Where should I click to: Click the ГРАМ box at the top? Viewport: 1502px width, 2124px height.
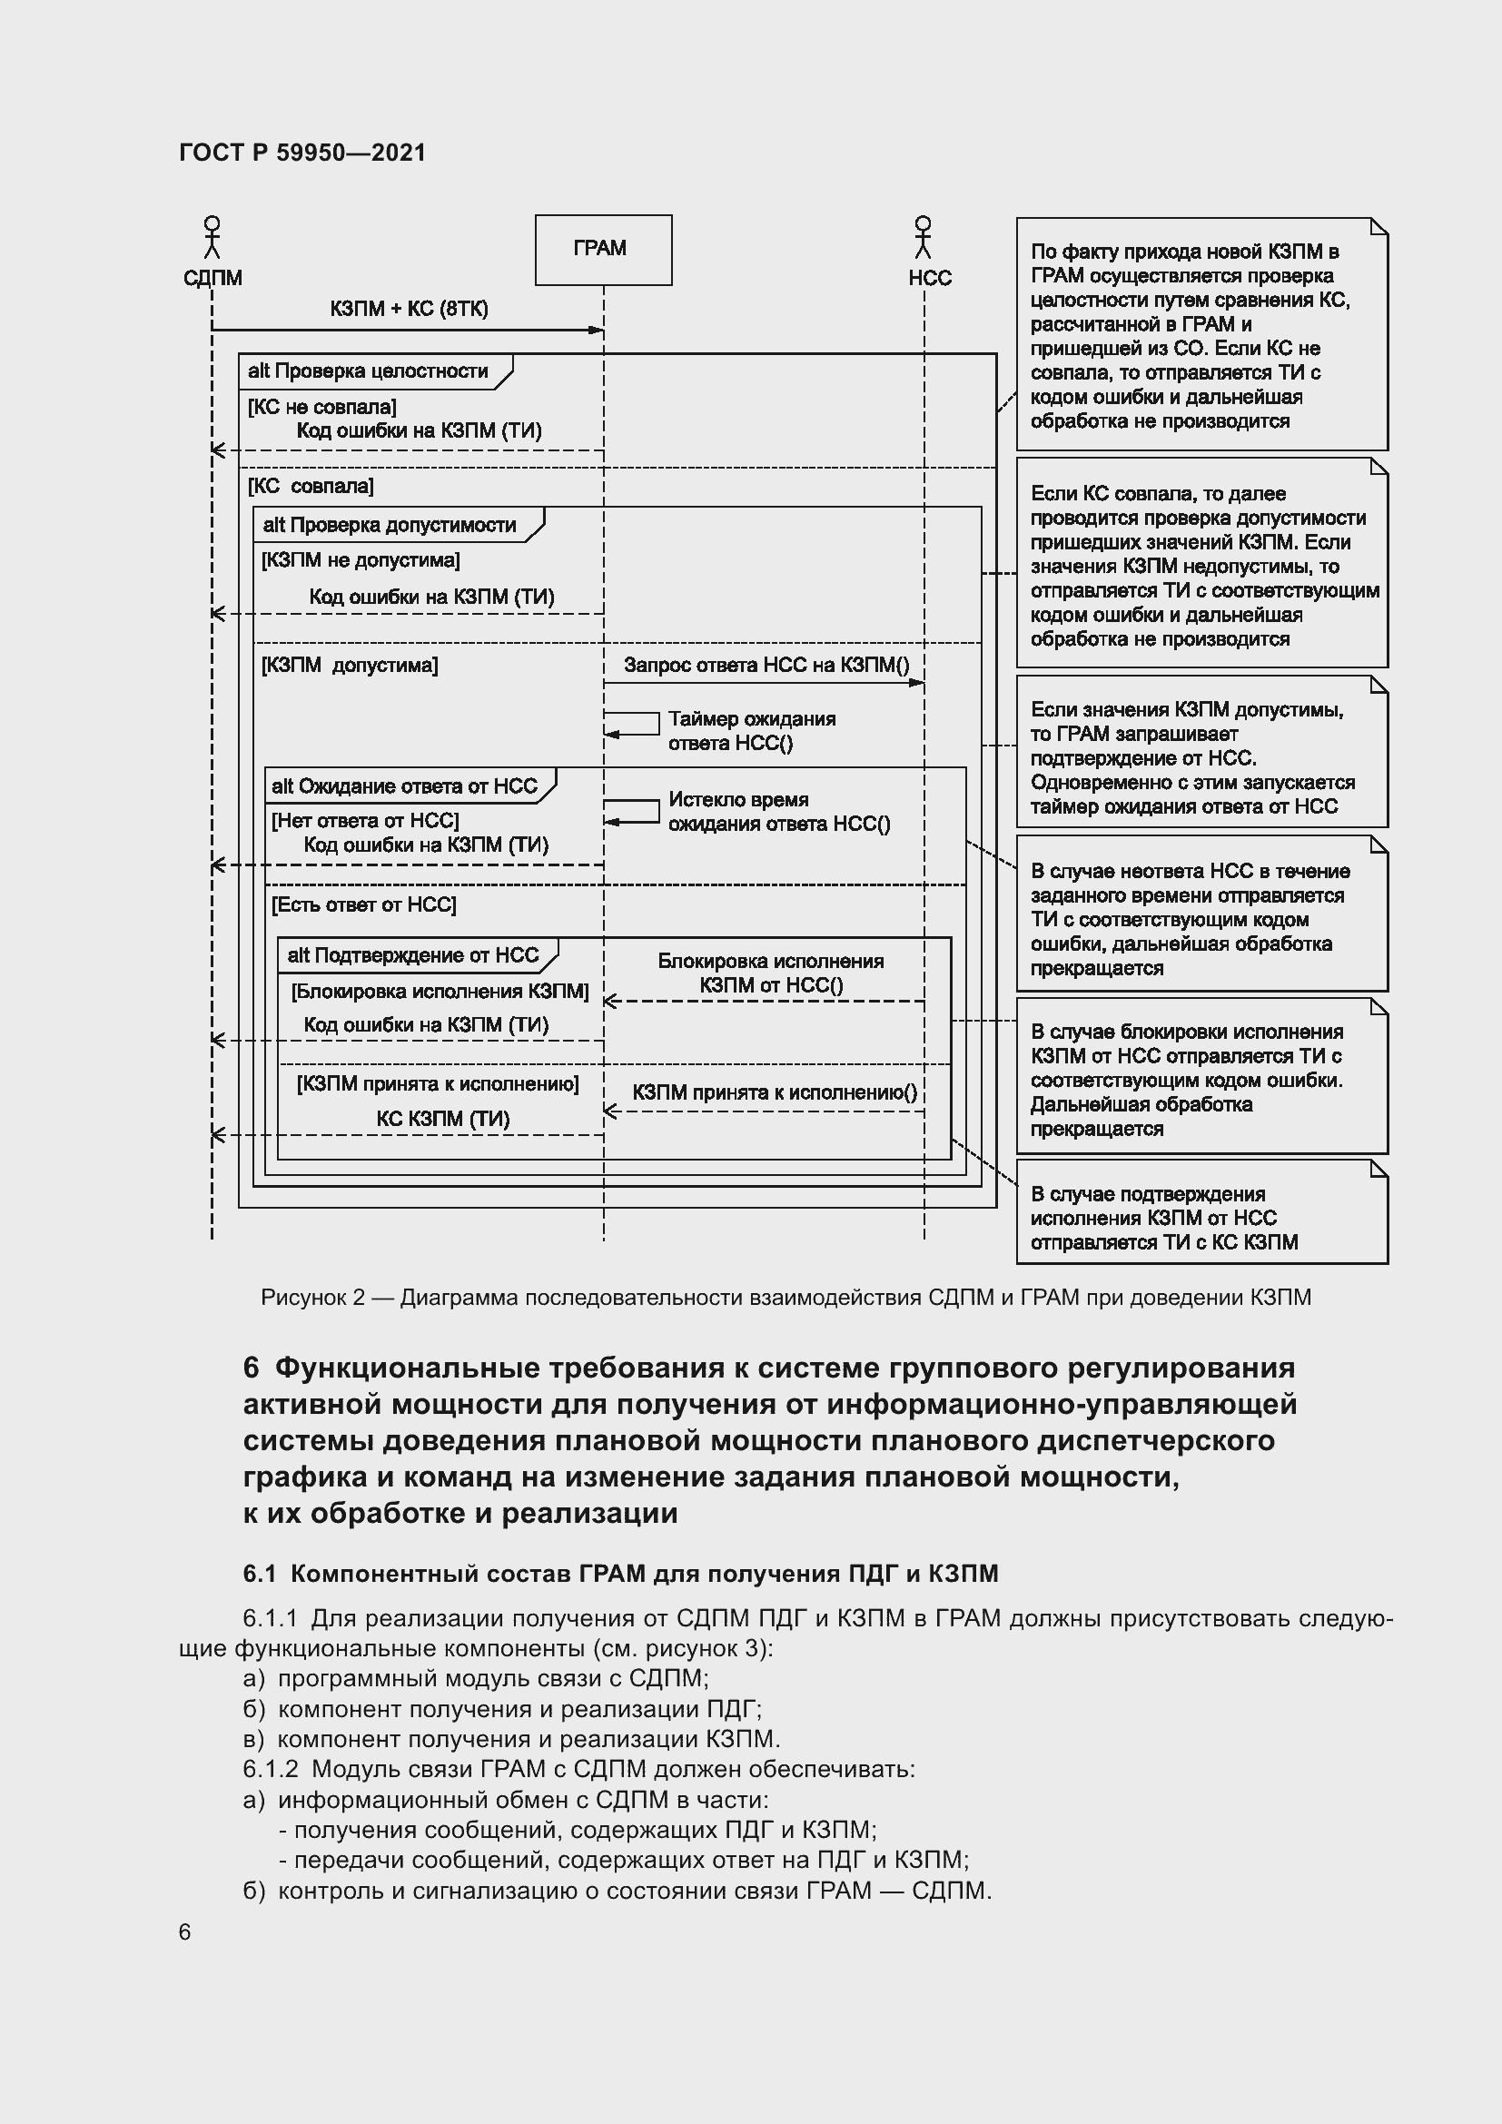pos(603,250)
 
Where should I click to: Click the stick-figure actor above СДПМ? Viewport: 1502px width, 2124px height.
pos(212,238)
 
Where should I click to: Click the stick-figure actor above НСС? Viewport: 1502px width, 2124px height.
pos(922,238)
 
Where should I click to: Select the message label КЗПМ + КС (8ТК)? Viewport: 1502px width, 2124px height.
pos(409,309)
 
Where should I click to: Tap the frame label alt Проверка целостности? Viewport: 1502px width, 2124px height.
pos(368,371)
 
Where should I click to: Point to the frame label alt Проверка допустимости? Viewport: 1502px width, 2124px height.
pos(390,526)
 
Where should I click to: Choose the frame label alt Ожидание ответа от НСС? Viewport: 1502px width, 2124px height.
pos(404,786)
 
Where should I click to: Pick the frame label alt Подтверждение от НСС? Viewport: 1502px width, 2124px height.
pos(412,955)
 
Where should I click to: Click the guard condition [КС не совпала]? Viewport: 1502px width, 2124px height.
pos(321,407)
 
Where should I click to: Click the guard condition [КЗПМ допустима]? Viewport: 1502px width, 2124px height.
pos(350,665)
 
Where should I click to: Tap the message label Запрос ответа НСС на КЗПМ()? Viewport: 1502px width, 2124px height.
pos(766,665)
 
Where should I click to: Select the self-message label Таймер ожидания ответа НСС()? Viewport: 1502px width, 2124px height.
pos(751,731)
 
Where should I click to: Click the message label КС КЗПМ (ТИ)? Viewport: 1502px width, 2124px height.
pos(443,1119)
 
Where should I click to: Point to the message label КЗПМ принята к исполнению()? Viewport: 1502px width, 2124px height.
pos(774,1092)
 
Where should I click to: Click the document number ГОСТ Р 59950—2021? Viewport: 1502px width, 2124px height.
pos(302,153)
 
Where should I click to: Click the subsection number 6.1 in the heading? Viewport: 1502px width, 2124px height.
pos(259,1574)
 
